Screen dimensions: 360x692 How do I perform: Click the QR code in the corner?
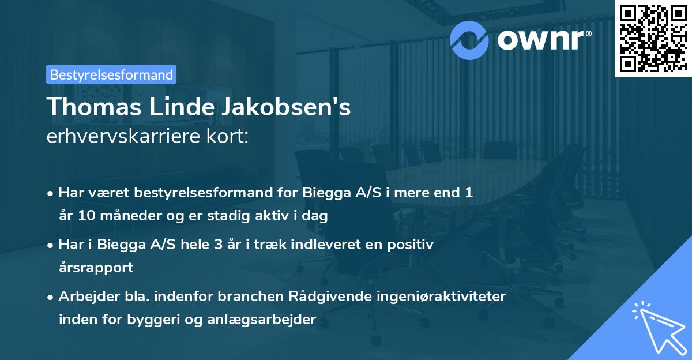point(653,38)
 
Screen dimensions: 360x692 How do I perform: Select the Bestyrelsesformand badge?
point(111,74)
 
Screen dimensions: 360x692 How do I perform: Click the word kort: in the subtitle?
point(230,138)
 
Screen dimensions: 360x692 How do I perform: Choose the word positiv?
point(413,245)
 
